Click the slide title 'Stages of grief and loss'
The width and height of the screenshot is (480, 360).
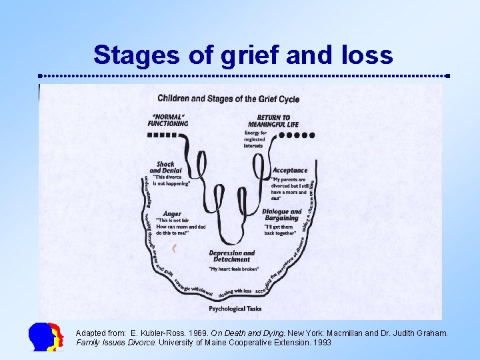point(243,55)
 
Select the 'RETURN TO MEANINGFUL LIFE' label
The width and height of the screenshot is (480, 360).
point(273,121)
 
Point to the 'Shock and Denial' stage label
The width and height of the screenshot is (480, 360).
point(165,167)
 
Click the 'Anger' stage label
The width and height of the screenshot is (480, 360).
point(172,213)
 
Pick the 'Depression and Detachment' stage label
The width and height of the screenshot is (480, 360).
point(232,257)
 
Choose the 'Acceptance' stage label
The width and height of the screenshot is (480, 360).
point(290,171)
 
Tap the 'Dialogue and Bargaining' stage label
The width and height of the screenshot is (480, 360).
point(281,215)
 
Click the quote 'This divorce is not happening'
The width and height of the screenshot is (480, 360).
point(172,180)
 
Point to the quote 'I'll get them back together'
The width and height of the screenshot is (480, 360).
point(279,230)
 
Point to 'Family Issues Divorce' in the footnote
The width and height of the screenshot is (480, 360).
point(115,342)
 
